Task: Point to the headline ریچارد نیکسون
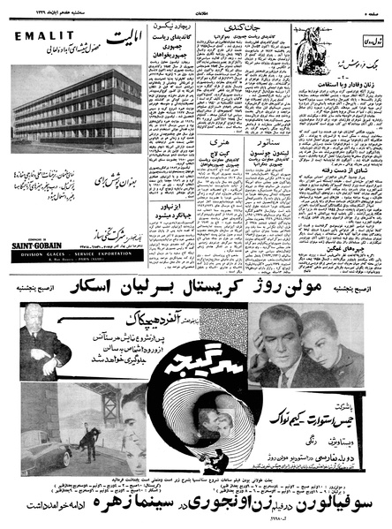pos(172,30)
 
